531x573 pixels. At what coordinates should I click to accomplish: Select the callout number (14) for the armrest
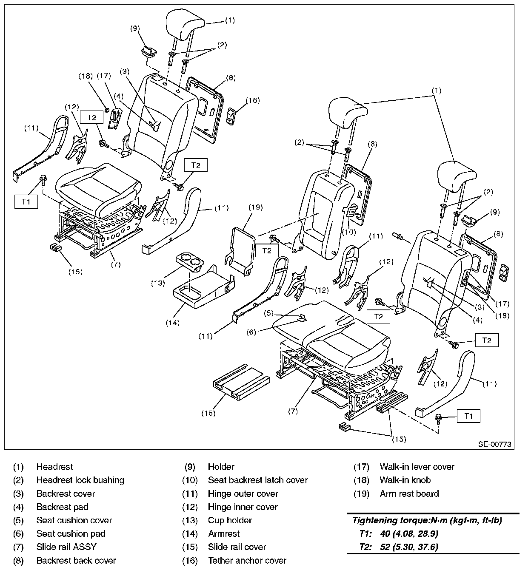pos(172,323)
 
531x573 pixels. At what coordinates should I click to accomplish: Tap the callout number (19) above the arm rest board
pos(255,207)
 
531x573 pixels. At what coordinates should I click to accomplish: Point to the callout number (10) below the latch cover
pos(349,232)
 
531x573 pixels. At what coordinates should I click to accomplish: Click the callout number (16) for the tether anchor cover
pos(253,100)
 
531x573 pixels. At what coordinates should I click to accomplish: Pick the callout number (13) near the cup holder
pos(158,284)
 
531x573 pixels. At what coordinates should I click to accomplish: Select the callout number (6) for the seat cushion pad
pos(251,332)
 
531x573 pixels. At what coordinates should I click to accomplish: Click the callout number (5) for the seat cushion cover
pos(268,313)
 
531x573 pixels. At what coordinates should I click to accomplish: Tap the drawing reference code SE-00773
pos(494,444)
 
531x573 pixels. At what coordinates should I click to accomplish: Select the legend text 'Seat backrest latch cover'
pos(258,480)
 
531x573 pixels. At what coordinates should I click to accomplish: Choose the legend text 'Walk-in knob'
pos(405,480)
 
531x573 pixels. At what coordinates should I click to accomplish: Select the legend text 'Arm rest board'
pos(409,494)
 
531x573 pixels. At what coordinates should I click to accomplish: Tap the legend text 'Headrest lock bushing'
pos(80,480)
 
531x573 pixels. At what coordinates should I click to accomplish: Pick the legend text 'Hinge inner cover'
pos(243,507)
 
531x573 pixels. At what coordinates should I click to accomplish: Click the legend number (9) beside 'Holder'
pos(190,467)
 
